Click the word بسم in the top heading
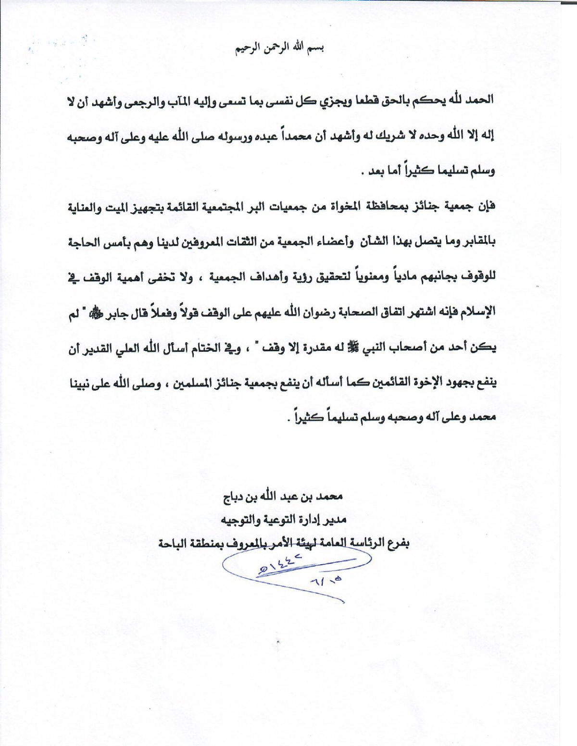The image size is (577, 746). [x=316, y=49]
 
